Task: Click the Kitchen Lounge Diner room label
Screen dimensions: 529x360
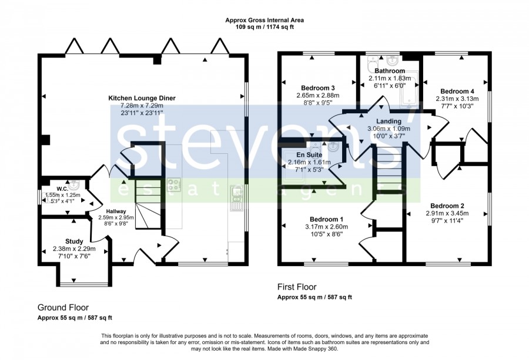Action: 142,99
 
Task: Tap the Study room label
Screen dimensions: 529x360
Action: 74,241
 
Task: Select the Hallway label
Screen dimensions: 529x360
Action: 116,211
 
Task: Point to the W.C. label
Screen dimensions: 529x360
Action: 62,189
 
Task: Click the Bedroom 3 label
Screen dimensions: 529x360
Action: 318,88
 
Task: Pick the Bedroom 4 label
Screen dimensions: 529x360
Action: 457,92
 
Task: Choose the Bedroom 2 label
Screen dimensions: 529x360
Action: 447,206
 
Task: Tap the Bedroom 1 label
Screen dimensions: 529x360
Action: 327,220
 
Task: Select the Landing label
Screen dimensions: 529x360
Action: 389,122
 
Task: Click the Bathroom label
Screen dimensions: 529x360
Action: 390,71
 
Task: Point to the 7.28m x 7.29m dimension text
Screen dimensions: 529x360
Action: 142,106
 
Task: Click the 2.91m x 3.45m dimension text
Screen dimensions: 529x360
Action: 447,213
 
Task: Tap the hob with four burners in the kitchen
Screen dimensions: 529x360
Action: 174,184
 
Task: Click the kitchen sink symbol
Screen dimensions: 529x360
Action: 236,198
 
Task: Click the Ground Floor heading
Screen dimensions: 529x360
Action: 63,307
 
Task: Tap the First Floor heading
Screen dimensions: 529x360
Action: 297,287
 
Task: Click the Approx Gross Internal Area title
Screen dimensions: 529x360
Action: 264,20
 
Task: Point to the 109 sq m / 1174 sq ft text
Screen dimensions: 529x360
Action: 264,27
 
